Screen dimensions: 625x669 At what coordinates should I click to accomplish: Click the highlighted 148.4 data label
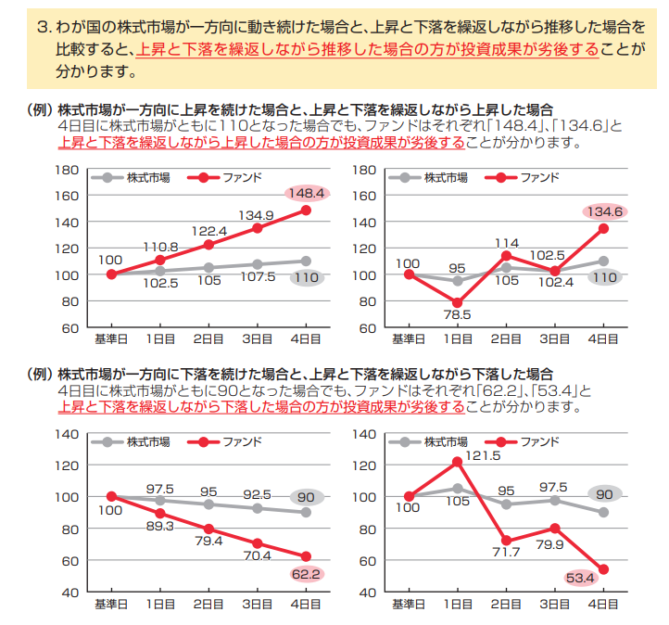[306, 194]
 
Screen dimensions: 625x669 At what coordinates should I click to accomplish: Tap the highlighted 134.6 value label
[605, 211]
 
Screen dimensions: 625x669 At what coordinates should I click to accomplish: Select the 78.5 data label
[457, 315]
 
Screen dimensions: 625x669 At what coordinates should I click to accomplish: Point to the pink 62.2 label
[307, 574]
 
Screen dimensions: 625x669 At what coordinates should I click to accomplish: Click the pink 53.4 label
[580, 579]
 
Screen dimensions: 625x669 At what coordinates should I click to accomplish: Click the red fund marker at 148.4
[306, 210]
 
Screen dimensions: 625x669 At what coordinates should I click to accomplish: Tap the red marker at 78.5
[457, 302]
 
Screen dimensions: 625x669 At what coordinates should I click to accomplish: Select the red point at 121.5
[457, 462]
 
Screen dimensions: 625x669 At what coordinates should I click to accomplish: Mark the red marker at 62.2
[306, 556]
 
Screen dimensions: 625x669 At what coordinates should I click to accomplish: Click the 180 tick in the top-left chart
[67, 170]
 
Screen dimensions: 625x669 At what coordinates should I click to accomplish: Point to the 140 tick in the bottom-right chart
[364, 434]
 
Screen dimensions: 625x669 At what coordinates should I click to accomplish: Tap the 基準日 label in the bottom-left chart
[111, 605]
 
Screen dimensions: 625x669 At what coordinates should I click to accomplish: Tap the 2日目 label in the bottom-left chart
[208, 605]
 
